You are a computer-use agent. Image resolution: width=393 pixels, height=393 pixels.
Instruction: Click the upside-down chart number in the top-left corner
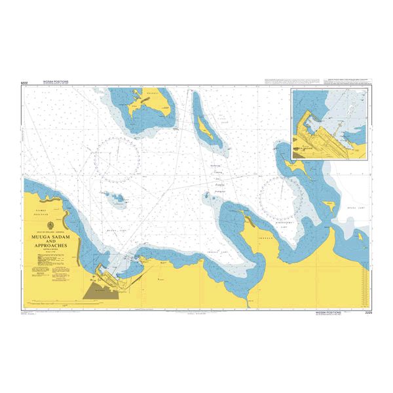pyautogui.click(x=26, y=83)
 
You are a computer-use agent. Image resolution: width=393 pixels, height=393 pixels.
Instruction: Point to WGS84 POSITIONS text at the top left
pyautogui.click(x=55, y=83)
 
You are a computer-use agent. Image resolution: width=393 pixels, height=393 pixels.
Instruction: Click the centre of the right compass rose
pyautogui.click(x=282, y=197)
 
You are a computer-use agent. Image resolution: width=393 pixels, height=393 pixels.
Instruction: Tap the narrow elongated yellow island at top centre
pyautogui.click(x=205, y=126)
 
